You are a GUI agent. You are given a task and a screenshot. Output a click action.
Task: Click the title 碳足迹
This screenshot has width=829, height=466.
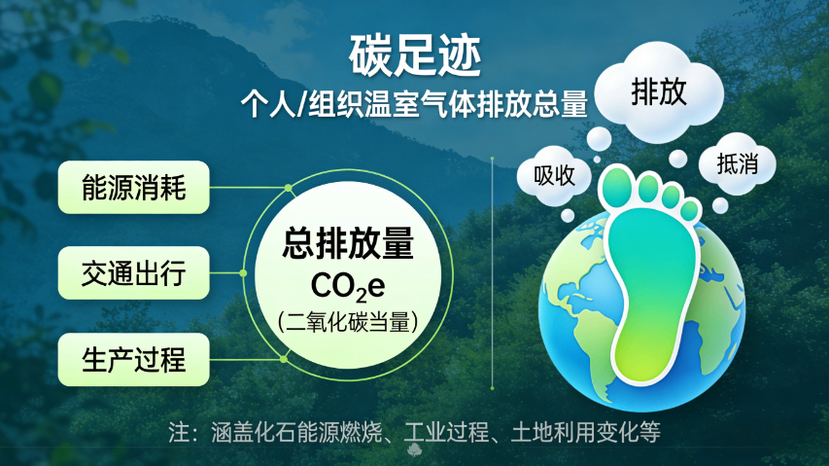415,56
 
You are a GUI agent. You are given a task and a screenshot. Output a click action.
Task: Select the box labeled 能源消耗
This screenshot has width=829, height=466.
133,187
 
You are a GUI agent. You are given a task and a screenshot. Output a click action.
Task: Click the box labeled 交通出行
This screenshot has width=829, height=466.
133,273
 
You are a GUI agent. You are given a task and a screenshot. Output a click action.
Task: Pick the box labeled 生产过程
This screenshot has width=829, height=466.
133,359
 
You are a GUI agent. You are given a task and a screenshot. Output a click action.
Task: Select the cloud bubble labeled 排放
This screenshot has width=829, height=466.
659,93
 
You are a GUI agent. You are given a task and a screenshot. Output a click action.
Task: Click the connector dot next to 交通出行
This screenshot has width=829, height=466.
243,273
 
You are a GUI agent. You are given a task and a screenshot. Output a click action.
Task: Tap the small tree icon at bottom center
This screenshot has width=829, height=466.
414,449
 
